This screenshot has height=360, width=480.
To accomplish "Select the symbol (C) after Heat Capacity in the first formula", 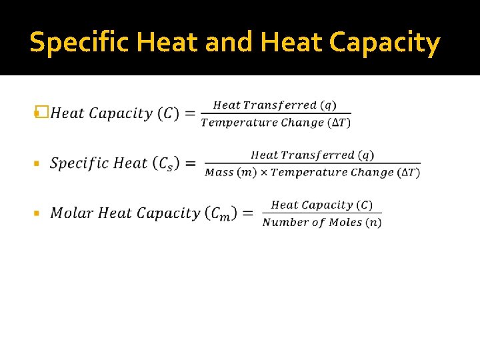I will click(x=167, y=113).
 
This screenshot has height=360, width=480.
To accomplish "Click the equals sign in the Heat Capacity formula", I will click(x=190, y=113).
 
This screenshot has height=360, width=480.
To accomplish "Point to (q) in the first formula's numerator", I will click(x=328, y=105).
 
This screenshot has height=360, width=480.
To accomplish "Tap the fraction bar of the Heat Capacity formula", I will click(x=275, y=114).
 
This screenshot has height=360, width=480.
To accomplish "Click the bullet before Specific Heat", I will click(x=37, y=163).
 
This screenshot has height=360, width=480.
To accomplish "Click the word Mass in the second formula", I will click(x=219, y=173).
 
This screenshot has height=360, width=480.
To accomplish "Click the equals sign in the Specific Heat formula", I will click(x=190, y=163).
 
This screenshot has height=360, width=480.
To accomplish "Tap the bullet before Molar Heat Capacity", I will click(x=37, y=213).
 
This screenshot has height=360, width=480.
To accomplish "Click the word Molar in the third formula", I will click(x=72, y=213).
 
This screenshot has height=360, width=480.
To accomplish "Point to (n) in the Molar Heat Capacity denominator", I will click(x=374, y=223).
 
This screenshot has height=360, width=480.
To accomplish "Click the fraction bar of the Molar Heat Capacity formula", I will click(x=322, y=214).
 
